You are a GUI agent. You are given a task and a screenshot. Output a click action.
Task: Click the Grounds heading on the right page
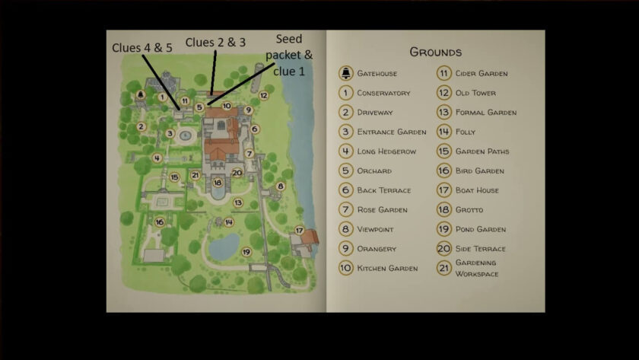tap(435, 53)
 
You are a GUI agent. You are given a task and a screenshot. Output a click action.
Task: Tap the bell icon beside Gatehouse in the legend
tap(345, 74)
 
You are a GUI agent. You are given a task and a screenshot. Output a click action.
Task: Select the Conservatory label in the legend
tap(383, 93)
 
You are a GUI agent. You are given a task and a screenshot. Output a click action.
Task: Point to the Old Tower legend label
tap(475, 93)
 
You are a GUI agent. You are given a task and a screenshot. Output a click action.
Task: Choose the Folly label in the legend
tap(466, 132)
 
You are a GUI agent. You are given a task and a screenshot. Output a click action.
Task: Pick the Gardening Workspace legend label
tap(476, 268)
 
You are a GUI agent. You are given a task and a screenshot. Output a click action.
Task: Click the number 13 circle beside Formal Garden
tap(443, 113)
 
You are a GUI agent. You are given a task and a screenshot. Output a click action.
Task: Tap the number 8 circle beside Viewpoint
tap(345, 229)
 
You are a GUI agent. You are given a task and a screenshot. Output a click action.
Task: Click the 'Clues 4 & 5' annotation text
tap(142, 47)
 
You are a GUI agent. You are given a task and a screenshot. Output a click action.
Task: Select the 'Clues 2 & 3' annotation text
tap(215, 43)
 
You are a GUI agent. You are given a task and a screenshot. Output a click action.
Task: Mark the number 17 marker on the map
tap(299, 230)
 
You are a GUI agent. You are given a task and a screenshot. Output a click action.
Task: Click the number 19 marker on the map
tap(246, 251)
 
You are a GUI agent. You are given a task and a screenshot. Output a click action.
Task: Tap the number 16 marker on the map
tap(160, 222)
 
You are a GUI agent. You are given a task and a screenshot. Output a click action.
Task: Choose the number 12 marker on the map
tap(263, 96)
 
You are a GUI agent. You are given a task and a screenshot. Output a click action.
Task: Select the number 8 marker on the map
tap(280, 186)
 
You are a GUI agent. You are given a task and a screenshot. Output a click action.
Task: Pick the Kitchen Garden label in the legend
tap(387, 268)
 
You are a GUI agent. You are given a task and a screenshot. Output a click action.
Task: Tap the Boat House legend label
tap(477, 190)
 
